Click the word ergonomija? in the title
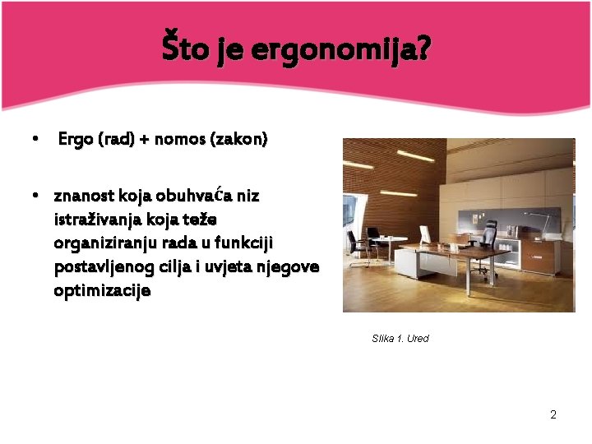[x=340, y=51]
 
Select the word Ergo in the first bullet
[x=76, y=140]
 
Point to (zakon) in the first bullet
[x=238, y=140]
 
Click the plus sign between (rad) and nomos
[x=144, y=140]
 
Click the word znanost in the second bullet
[x=84, y=197]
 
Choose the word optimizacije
[x=102, y=291]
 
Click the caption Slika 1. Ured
[x=400, y=339]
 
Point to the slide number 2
[x=553, y=414]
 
